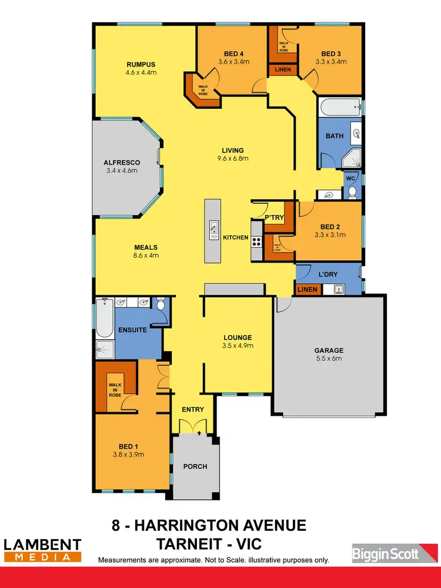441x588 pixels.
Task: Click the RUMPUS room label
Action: click(140, 64)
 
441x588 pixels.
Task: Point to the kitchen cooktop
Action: click(257, 239)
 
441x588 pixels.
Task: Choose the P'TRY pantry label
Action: click(274, 218)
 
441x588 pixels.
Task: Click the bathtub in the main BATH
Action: click(339, 106)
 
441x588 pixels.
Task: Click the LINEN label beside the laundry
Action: click(308, 289)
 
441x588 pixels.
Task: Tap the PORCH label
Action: click(195, 466)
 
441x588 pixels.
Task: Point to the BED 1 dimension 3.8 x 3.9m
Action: click(128, 454)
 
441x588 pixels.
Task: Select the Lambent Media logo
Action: click(42, 550)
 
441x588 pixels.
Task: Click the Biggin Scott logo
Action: click(385, 553)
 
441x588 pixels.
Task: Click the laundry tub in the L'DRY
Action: click(338, 289)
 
